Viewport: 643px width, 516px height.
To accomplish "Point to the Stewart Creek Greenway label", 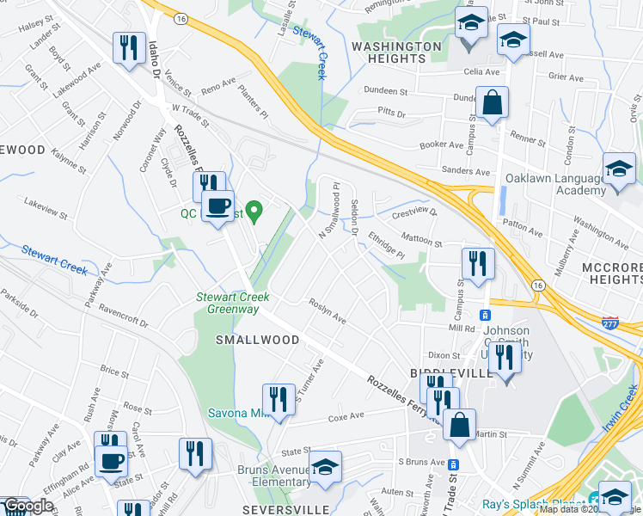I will pyautogui.click(x=234, y=303).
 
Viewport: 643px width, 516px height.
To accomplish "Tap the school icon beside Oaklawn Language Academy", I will pyautogui.click(x=618, y=170).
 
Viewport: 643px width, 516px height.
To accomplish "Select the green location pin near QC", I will pyautogui.click(x=254, y=209).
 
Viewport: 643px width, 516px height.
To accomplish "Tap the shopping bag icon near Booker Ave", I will pyautogui.click(x=493, y=103).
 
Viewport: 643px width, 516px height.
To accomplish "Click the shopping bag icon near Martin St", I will pyautogui.click(x=460, y=424).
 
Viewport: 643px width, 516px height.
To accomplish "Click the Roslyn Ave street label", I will pyautogui.click(x=327, y=311).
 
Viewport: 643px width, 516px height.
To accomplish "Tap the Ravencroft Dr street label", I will pyautogui.click(x=124, y=306).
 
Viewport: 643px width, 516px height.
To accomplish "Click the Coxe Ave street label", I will pyautogui.click(x=346, y=416).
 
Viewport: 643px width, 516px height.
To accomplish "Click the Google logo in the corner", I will pyautogui.click(x=28, y=507).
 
